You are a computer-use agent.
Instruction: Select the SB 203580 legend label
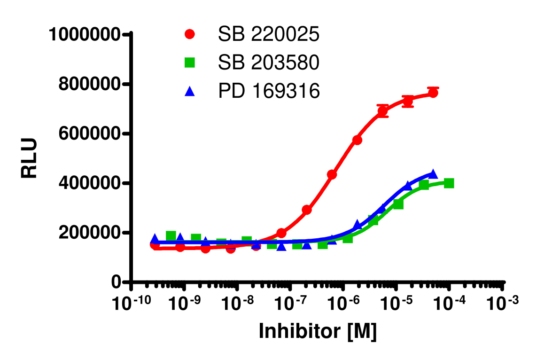268,63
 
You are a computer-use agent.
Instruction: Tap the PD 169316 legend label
268,91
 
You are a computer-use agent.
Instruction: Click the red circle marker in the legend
190,34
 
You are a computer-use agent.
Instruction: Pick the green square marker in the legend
190,63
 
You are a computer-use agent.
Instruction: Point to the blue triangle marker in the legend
190,91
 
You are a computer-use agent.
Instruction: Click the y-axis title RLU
29,158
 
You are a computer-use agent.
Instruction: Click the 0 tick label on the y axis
116,282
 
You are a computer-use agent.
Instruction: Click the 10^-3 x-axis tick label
503,304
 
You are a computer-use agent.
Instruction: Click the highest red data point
433,93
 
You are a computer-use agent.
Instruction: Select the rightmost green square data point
449,183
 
